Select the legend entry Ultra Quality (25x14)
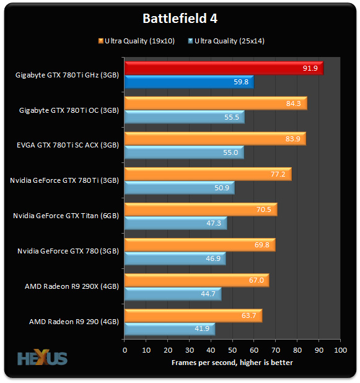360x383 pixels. pyautogui.click(x=230, y=42)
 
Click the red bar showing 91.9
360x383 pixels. pyautogui.click(x=223, y=68)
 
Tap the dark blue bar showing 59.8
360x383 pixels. pyautogui.click(x=188, y=82)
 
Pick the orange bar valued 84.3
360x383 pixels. pyautogui.click(x=215, y=103)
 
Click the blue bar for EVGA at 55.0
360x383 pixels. pyautogui.click(x=183, y=152)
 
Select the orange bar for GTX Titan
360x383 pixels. pyautogui.click(x=200, y=209)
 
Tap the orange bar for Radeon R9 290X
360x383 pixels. pyautogui.click(x=196, y=280)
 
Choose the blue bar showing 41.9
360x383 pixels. pyautogui.click(x=169, y=329)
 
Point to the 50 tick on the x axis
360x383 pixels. pyautogui.click(x=232, y=350)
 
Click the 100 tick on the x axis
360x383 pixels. pyautogui.click(x=340, y=350)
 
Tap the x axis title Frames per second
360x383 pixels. pyautogui.click(x=232, y=362)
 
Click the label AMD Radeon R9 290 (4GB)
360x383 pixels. pyautogui.click(x=74, y=322)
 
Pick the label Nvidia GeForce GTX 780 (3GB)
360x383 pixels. pyautogui.click(x=69, y=251)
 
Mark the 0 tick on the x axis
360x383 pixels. pyautogui.click(x=125, y=350)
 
